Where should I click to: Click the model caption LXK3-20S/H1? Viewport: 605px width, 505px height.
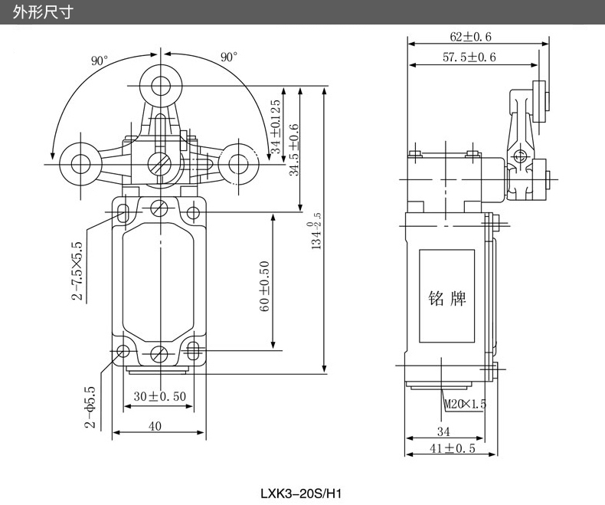pyautogui.click(x=302, y=494)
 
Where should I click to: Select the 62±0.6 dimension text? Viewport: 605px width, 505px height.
pyautogui.click(x=471, y=36)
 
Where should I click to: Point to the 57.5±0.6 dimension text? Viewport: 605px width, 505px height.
pyautogui.click(x=469, y=57)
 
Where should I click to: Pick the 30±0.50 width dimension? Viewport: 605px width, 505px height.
pyautogui.click(x=160, y=396)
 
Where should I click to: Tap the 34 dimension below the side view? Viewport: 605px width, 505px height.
pyautogui.click(x=443, y=431)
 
